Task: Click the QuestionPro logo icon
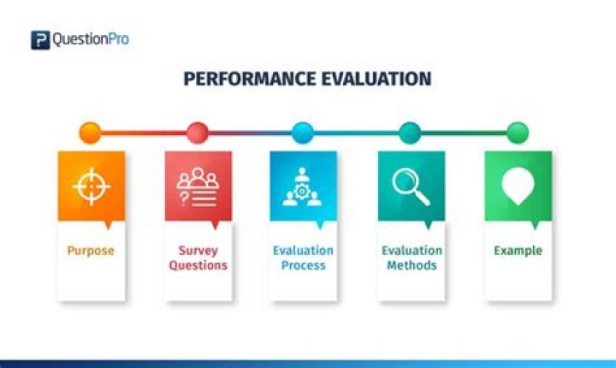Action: coord(40,39)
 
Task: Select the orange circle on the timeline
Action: coord(90,133)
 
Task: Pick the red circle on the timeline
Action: coord(197,133)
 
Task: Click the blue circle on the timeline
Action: coord(303,133)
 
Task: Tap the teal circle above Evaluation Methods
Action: coord(410,133)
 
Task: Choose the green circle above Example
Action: coord(517,133)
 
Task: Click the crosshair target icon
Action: coord(91,186)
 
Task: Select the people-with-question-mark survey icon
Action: coord(198,187)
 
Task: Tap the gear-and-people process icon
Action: coord(303,187)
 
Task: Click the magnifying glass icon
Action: coord(410,186)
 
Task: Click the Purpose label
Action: coord(91,252)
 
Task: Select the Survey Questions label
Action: coord(198,258)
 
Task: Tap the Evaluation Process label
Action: coord(304,258)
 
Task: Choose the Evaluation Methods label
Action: coord(411,258)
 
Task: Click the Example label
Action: coord(518,251)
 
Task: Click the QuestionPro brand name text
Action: coord(92,39)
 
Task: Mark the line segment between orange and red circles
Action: coord(143,133)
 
